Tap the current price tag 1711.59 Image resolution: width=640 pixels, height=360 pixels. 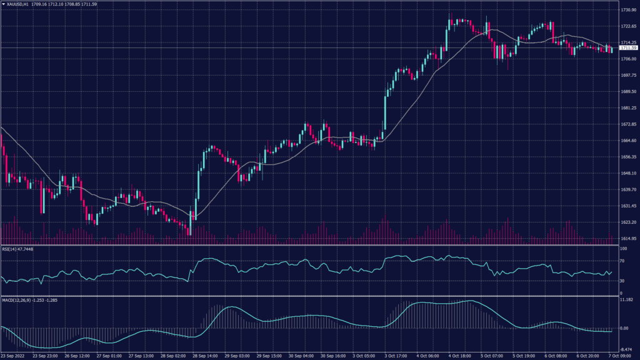click(627, 47)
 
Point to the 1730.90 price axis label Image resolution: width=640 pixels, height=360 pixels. click(627, 10)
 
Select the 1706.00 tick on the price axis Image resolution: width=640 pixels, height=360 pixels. click(627, 59)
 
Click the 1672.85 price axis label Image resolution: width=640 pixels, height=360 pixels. click(627, 124)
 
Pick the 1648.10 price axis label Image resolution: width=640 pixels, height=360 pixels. click(627, 173)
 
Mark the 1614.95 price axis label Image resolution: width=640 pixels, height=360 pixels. click(627, 238)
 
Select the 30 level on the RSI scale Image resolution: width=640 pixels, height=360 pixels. click(622, 281)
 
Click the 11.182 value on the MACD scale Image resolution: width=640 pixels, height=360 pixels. click(626, 300)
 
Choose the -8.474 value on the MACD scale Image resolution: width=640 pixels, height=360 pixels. click(626, 350)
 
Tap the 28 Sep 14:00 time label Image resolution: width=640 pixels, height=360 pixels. click(205, 356)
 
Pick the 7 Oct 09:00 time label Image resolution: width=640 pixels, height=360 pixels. click(619, 356)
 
